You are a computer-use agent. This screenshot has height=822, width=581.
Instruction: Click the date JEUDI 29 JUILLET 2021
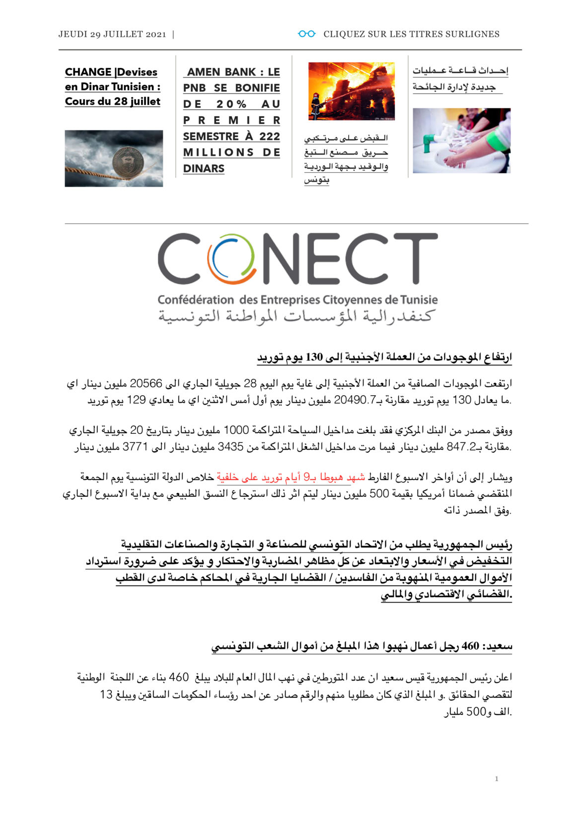pyautogui.click(x=112, y=34)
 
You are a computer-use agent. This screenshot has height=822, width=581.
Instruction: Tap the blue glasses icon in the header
pyautogui.click(x=306, y=34)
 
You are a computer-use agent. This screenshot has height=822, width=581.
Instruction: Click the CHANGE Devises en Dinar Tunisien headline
pyautogui.click(x=113, y=87)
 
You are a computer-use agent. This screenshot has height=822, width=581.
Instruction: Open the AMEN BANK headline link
pyautogui.click(x=231, y=120)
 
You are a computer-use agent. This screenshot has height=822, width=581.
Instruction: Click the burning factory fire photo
pyautogui.click(x=351, y=91)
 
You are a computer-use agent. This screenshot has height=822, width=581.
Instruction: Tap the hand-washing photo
pyautogui.click(x=461, y=140)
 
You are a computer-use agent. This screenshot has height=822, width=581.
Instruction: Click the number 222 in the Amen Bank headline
pyautogui.click(x=270, y=137)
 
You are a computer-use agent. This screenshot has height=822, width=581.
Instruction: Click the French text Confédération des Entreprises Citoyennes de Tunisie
pyautogui.click(x=297, y=300)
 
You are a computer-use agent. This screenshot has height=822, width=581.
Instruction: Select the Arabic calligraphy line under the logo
pyautogui.click(x=297, y=316)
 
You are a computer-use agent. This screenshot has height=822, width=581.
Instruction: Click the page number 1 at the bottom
pyautogui.click(x=497, y=779)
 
